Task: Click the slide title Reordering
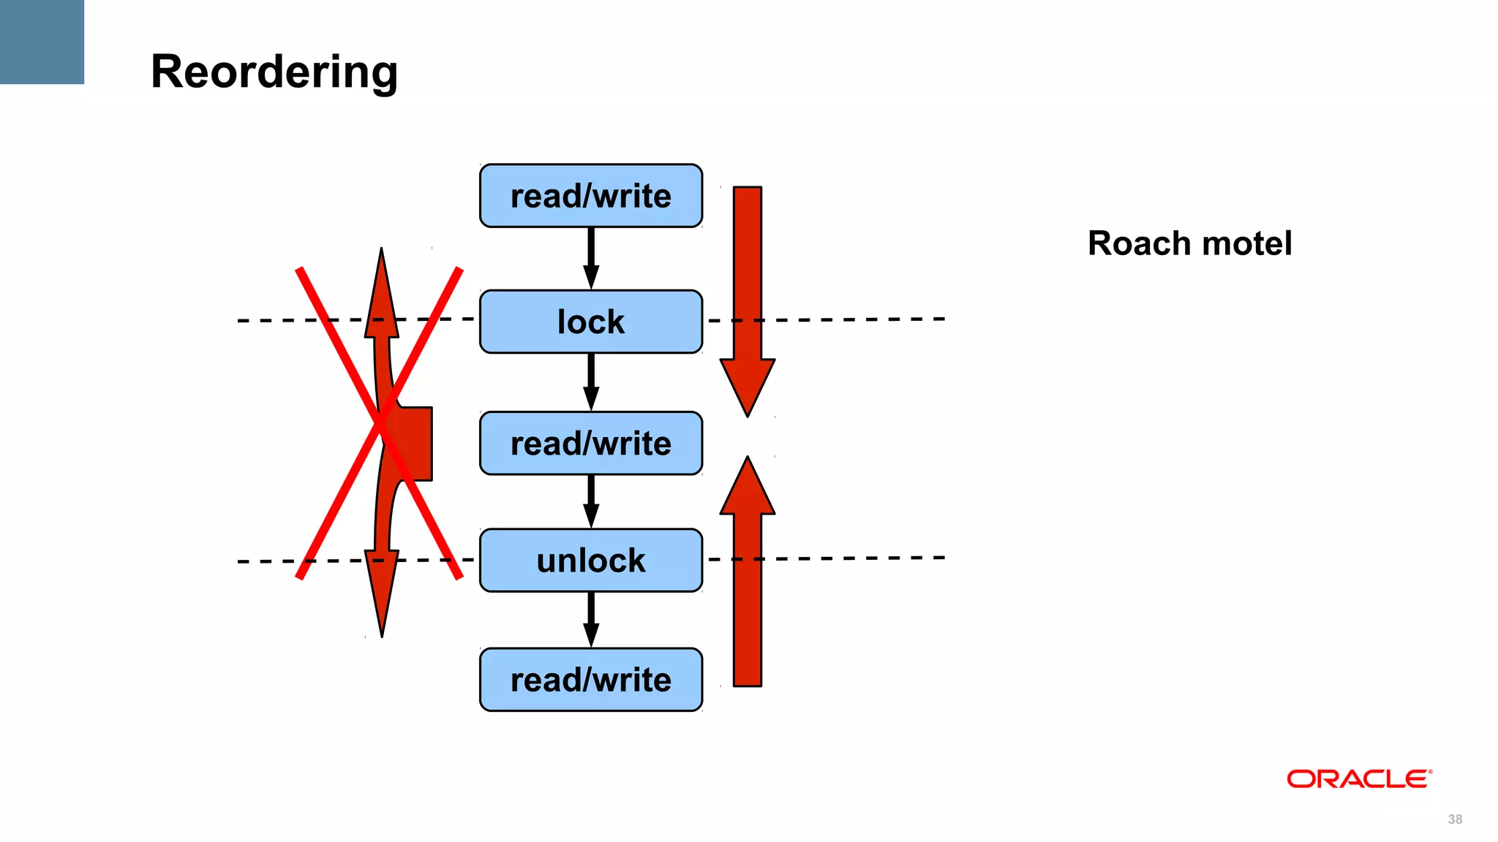point(274,72)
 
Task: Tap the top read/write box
point(591,196)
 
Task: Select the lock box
point(591,322)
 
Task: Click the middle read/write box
point(591,444)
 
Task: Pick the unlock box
point(591,561)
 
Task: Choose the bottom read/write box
point(591,680)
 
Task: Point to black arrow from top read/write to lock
point(591,257)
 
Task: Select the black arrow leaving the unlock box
point(591,619)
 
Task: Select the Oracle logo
point(1359,779)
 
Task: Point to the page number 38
point(1455,819)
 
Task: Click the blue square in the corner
point(42,42)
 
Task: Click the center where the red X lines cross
point(380,423)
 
